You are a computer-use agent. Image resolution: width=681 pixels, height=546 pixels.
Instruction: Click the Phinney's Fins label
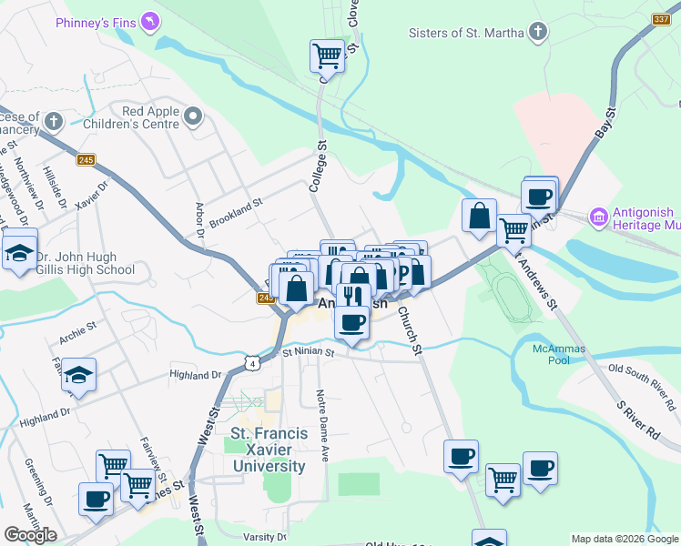(x=94, y=21)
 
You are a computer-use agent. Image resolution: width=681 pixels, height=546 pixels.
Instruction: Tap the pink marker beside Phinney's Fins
(x=151, y=21)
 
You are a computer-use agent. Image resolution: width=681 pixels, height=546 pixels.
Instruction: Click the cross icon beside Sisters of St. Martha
(x=538, y=34)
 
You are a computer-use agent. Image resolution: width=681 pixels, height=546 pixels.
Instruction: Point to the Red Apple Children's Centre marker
(x=192, y=116)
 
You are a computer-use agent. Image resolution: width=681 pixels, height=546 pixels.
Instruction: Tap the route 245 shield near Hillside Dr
(x=86, y=160)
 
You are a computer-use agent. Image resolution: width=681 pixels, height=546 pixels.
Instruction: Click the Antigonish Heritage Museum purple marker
(x=598, y=217)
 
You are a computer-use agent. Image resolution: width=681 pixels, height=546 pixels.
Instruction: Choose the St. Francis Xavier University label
(x=267, y=450)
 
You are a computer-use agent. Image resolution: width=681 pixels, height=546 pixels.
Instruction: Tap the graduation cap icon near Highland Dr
(x=79, y=376)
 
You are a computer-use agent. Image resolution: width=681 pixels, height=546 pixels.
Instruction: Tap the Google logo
(x=31, y=535)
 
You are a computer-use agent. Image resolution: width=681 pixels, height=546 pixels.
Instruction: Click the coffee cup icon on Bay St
(x=539, y=196)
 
